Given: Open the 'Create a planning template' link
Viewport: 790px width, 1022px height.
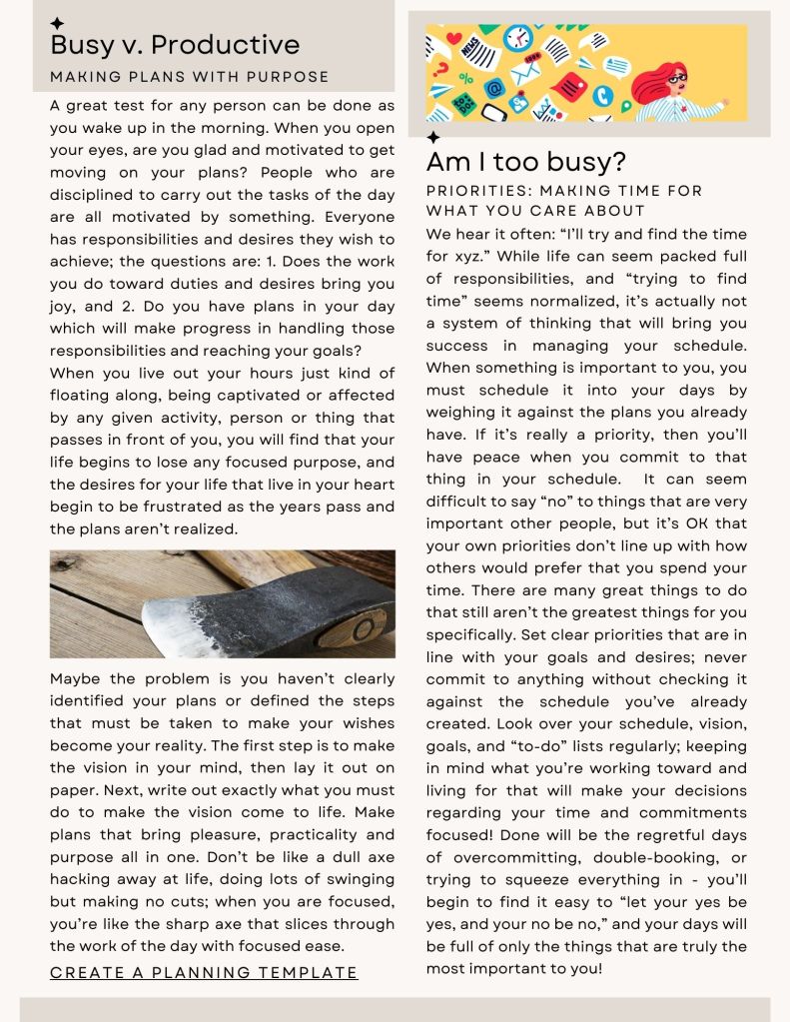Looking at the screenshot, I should point(204,972).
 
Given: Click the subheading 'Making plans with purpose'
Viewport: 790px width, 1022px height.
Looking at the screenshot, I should point(190,77).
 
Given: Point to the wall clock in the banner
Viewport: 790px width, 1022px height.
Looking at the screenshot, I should point(517,38).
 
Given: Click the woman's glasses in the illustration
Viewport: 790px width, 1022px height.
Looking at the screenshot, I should point(677,79).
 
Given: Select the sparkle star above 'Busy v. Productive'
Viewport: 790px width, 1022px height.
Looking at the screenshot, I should point(57,23).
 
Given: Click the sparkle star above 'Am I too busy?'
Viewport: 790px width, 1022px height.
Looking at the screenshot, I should point(433,137).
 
